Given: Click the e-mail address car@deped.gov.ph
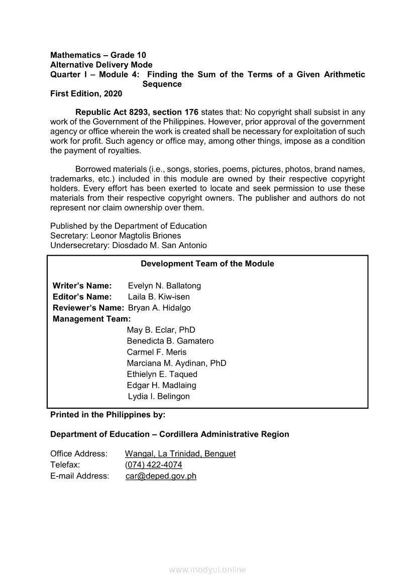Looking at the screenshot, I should (161, 476).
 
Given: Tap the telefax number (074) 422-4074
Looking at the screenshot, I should (153, 465).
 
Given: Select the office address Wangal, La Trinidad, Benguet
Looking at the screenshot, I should (180, 454).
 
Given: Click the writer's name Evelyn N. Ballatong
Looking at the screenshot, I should (164, 286).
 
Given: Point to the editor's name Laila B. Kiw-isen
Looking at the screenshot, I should (159, 297).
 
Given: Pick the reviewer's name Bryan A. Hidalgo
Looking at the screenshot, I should (159, 308).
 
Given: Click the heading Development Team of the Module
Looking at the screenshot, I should (207, 264).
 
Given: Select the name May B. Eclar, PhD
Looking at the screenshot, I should (161, 330).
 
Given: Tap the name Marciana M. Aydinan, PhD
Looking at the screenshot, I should (176, 363).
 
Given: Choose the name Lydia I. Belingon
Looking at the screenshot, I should (159, 396).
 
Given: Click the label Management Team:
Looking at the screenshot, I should (91, 319).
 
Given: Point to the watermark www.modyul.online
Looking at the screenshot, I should (207, 570).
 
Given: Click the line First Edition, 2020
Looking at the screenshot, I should (86, 94).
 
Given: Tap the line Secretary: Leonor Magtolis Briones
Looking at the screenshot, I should (116, 236).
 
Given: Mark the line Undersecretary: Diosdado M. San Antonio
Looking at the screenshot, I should (128, 246).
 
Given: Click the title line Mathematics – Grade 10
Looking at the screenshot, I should (98, 55).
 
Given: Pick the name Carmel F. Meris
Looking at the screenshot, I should (156, 352).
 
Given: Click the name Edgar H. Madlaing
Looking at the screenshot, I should (161, 385).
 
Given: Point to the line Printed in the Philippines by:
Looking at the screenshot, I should (108, 415).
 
